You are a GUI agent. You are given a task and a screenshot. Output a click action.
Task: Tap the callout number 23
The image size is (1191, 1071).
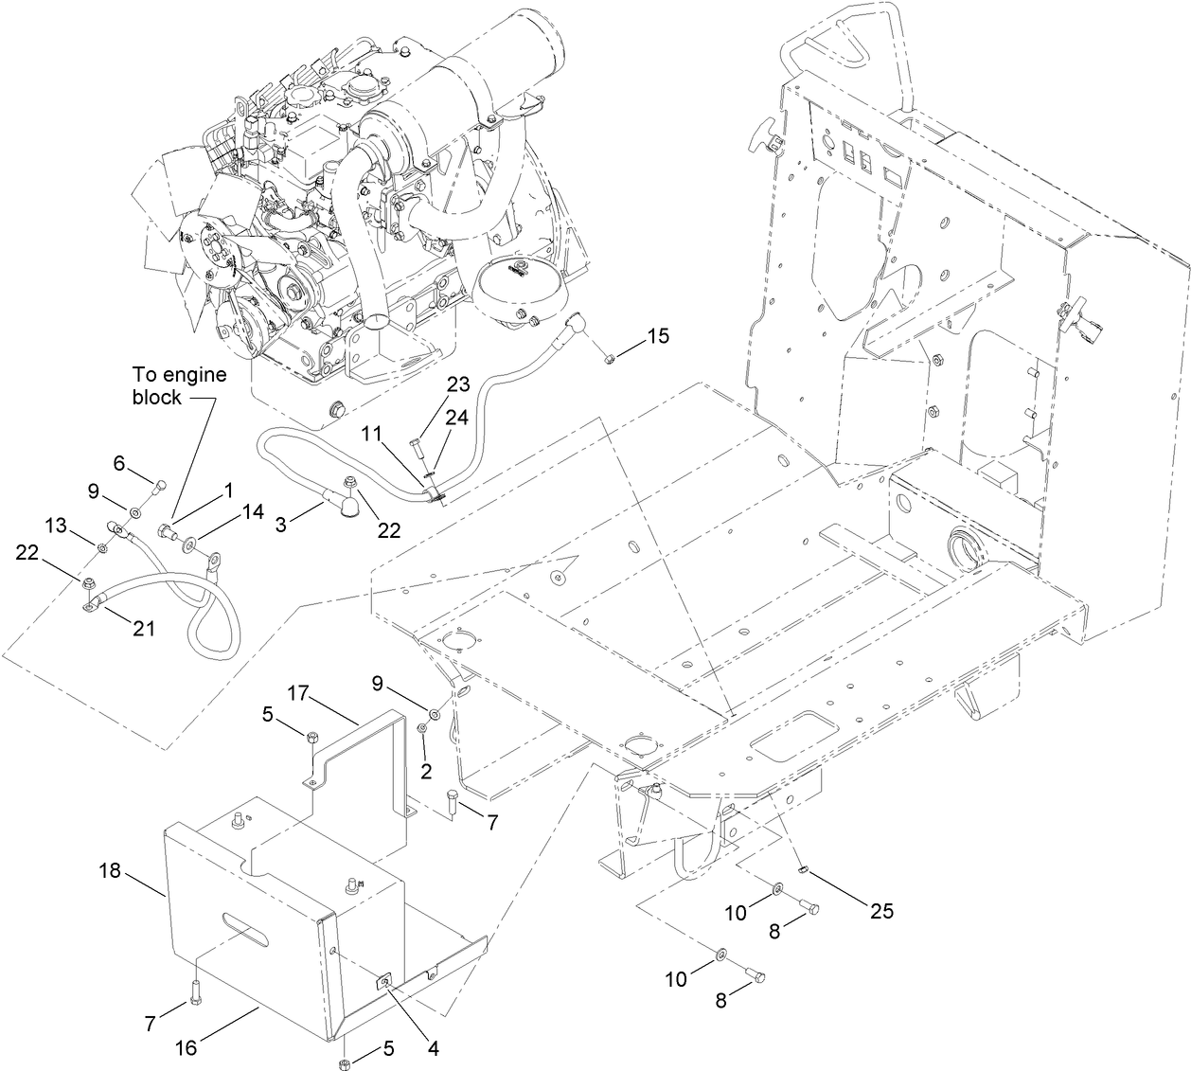(458, 385)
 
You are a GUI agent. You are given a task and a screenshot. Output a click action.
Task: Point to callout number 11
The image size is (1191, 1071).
(373, 433)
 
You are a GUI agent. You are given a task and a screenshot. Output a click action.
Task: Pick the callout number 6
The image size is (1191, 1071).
(119, 462)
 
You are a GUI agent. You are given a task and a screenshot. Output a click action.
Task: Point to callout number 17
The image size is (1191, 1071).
(299, 693)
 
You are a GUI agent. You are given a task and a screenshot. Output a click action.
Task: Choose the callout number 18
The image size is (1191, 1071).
(111, 870)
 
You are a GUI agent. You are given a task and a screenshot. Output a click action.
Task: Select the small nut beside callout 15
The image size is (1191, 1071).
(611, 357)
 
